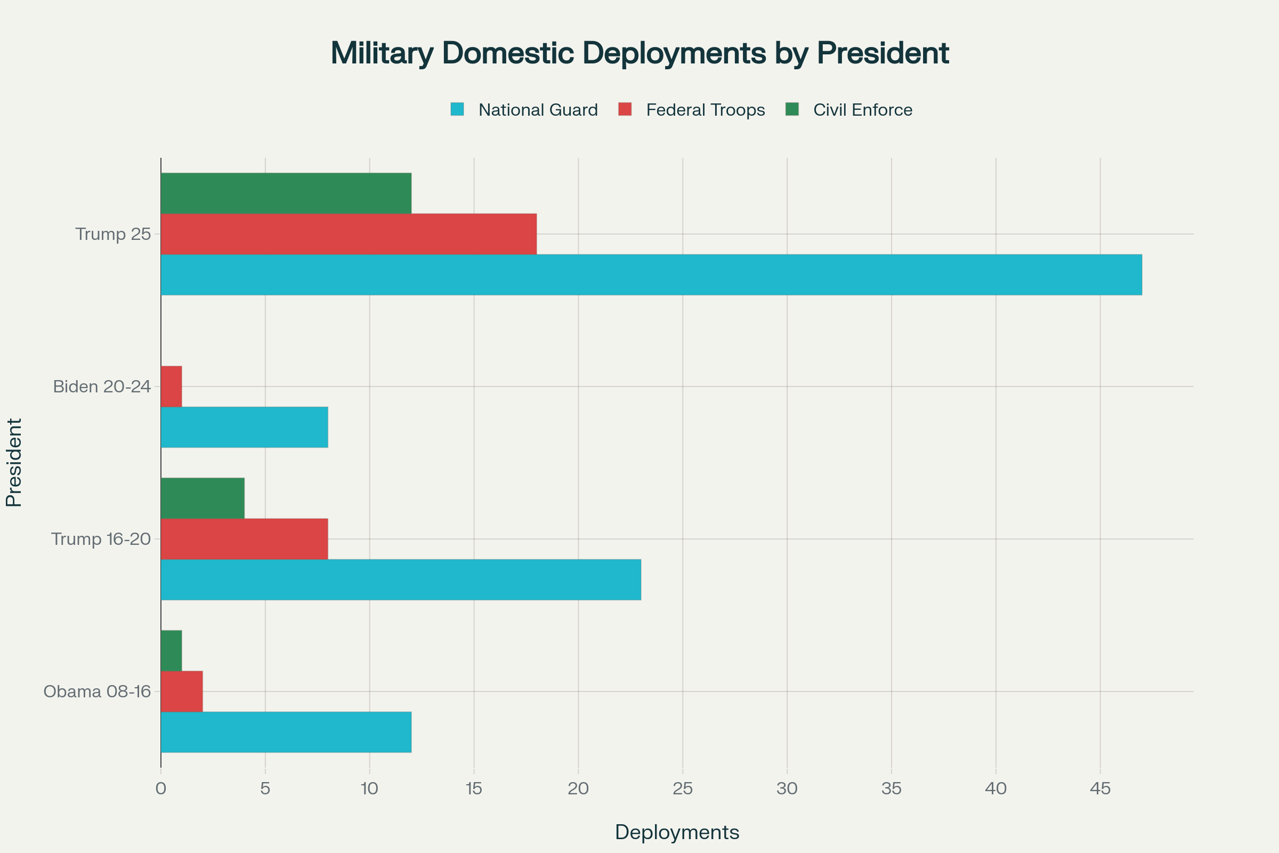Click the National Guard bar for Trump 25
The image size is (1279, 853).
pos(651,275)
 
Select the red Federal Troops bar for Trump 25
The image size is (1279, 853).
pos(349,234)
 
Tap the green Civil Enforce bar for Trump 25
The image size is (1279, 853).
pos(286,193)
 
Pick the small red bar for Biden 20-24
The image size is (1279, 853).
pos(171,386)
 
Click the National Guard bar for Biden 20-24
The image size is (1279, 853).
pos(244,427)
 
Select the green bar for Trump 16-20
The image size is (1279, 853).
pos(203,498)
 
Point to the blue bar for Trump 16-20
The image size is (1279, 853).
pos(401,580)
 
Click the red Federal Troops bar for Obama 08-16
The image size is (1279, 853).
pos(182,691)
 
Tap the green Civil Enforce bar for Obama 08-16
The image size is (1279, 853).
pos(171,650)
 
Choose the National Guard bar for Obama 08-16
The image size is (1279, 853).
pos(286,731)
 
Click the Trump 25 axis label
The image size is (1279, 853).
pos(113,234)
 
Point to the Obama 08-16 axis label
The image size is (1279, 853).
pos(98,691)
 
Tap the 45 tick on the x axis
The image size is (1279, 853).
pos(1100,788)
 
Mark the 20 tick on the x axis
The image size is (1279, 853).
pos(578,788)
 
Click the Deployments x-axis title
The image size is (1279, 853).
pos(676,832)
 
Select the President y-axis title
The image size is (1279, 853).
pos(14,462)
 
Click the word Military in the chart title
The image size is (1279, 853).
pos(382,53)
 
